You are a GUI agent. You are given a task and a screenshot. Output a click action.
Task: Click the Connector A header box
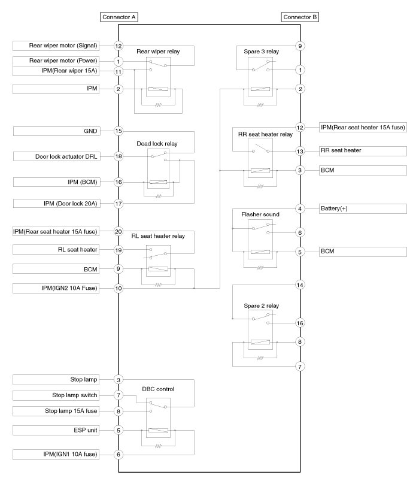(120, 17)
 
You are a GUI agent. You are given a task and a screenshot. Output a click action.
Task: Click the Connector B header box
(300, 17)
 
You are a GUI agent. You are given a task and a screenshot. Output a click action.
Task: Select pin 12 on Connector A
(119, 46)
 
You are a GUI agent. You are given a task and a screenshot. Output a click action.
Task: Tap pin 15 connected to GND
(119, 131)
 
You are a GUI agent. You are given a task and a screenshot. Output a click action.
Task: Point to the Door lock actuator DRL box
(56, 156)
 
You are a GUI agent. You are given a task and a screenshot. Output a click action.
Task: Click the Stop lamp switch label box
(56, 395)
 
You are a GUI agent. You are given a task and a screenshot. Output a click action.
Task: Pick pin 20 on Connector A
(119, 231)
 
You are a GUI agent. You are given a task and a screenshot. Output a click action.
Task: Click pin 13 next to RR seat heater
(300, 151)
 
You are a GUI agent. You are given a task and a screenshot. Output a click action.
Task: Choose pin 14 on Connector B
(300, 285)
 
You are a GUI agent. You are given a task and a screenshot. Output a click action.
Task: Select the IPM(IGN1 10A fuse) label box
(56, 455)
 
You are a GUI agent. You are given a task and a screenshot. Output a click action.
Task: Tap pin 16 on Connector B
(300, 323)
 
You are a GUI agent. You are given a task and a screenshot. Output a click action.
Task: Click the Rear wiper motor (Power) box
(56, 60)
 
